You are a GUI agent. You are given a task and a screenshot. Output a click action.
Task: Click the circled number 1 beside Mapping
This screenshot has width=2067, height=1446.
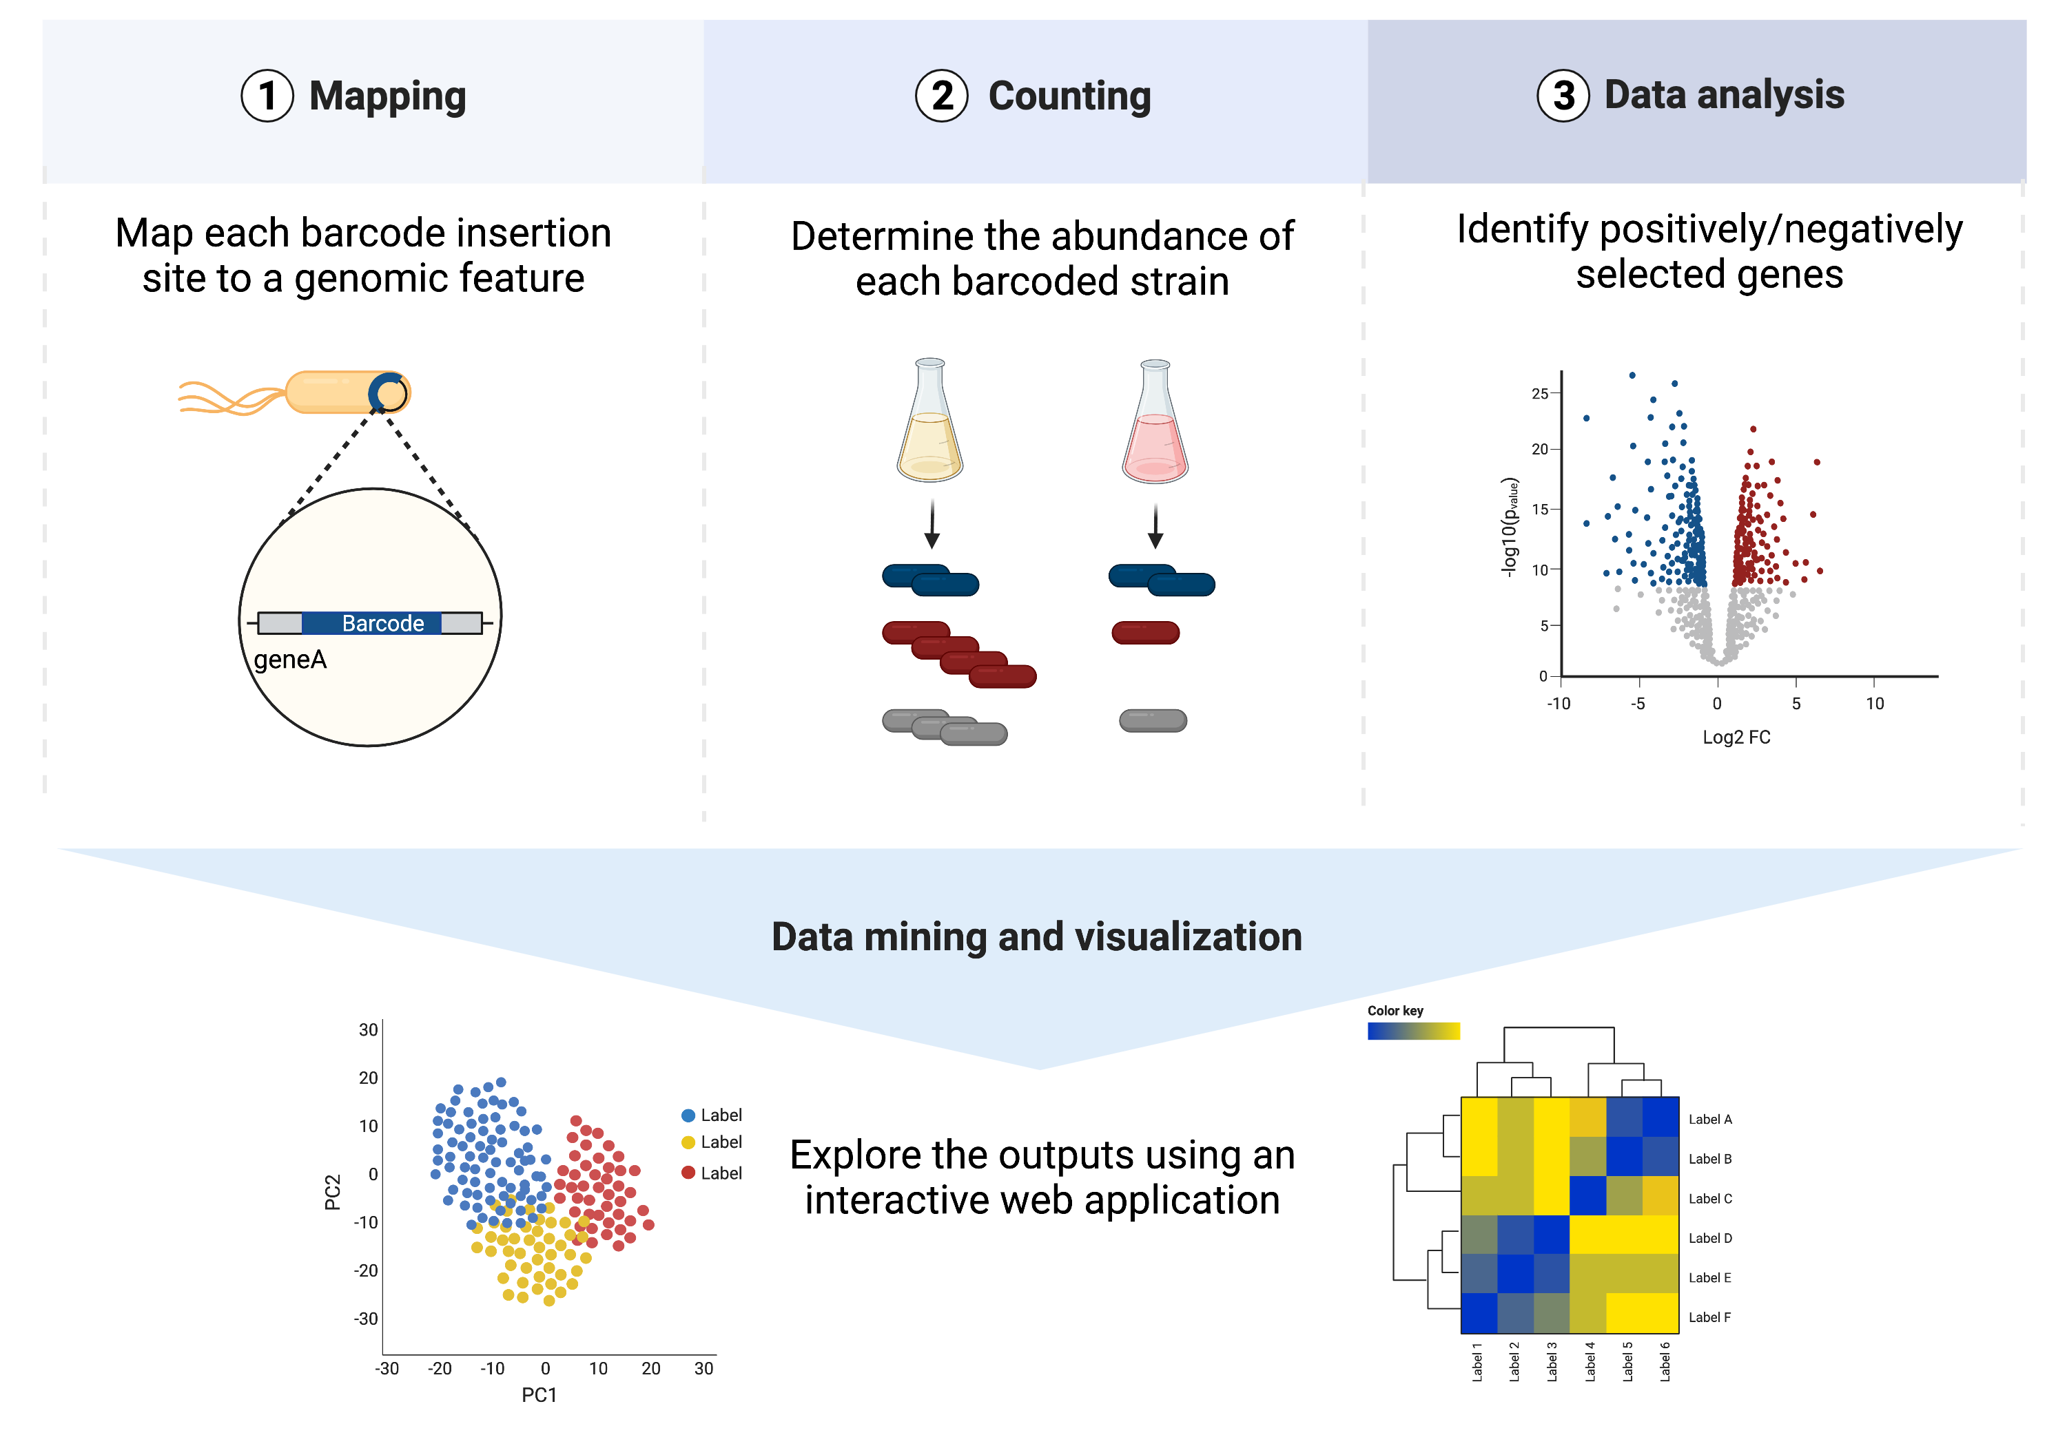coord(267,96)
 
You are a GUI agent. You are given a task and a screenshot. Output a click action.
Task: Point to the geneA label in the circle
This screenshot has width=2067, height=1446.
coord(290,660)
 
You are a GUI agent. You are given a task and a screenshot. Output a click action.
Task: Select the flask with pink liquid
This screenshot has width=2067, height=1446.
coord(1155,421)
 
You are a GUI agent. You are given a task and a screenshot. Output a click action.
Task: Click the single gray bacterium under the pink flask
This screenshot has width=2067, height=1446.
coord(1152,720)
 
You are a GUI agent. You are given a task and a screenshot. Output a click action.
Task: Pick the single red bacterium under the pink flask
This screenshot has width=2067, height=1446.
coord(1145,633)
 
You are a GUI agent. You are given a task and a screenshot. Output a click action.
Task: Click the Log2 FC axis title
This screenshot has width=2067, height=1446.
coord(1736,737)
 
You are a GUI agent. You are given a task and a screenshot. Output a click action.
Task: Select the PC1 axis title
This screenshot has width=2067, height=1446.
coord(539,1395)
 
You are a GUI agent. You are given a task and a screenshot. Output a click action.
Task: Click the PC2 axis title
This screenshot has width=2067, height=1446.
coord(332,1191)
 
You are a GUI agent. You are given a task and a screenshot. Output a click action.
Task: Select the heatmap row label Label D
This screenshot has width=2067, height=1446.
coord(1709,1238)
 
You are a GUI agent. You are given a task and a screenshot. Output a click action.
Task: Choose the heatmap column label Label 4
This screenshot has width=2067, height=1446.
coord(1590,1361)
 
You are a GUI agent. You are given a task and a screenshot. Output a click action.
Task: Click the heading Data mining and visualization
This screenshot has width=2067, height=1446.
coord(1037,936)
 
